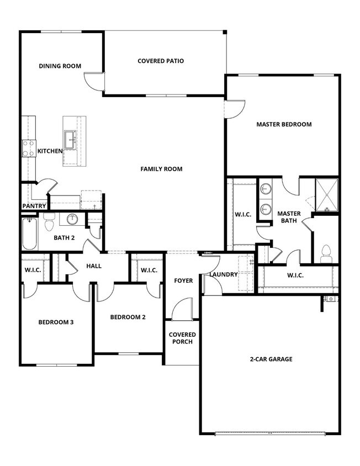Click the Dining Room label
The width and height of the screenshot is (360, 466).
point(60,66)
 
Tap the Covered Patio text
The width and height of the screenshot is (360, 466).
point(161,61)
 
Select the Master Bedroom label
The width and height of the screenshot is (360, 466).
point(284,125)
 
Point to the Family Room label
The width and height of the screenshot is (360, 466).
point(161,169)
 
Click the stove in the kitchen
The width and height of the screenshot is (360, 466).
point(28,149)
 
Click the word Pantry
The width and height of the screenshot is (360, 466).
point(34,206)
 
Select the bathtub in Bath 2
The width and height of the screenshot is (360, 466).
point(29,234)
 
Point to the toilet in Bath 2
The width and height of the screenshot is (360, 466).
point(49,224)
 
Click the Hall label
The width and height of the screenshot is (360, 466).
point(94,266)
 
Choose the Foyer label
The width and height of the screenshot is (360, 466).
point(183,281)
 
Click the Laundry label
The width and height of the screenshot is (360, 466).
point(224,274)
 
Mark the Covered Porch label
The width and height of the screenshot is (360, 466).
point(182,338)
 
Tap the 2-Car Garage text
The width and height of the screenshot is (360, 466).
point(270,359)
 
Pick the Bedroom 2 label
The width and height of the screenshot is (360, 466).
point(128,317)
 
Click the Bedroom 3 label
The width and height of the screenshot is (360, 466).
point(56,322)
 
